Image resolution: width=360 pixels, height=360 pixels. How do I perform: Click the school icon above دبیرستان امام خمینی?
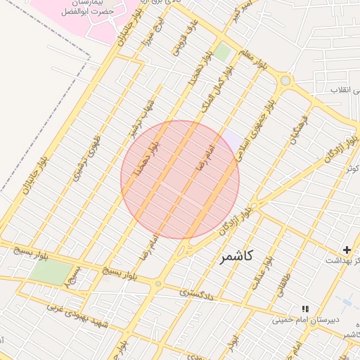tap(304, 308)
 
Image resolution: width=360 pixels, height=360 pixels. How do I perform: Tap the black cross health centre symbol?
tap(346, 250)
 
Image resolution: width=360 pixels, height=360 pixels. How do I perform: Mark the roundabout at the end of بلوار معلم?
tap(285, 81)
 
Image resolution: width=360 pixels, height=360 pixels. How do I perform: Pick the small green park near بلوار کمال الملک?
tap(223, 51)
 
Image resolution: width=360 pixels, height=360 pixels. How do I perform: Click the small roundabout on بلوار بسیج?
tap(159, 284)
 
